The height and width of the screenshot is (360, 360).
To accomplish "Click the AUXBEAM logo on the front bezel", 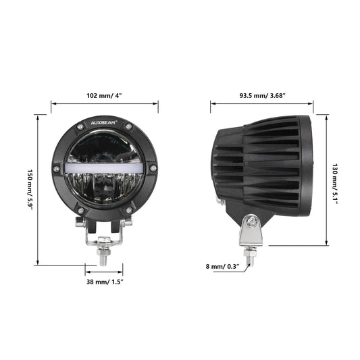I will pos(105,125).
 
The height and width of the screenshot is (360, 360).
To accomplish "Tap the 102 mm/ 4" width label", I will pos(105,95).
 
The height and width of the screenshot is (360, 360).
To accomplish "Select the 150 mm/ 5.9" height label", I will pos(29,190).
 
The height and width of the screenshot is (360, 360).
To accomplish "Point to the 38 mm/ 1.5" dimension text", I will pos(105,281).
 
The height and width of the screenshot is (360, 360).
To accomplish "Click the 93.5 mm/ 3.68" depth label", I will pos(261,95).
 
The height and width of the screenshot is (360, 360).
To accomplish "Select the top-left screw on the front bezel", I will pos(80,129).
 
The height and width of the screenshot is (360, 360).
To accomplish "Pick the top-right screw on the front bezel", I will pos(130,129).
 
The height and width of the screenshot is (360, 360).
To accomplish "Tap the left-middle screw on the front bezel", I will pos(56,168).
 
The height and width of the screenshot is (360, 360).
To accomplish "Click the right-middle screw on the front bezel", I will pos(154,168).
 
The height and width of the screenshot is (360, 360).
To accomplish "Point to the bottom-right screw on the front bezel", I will pos(129,211).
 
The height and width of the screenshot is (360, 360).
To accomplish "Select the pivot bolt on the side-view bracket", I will pos(251,222).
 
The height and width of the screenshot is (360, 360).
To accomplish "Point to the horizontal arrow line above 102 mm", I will pos(105,104).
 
